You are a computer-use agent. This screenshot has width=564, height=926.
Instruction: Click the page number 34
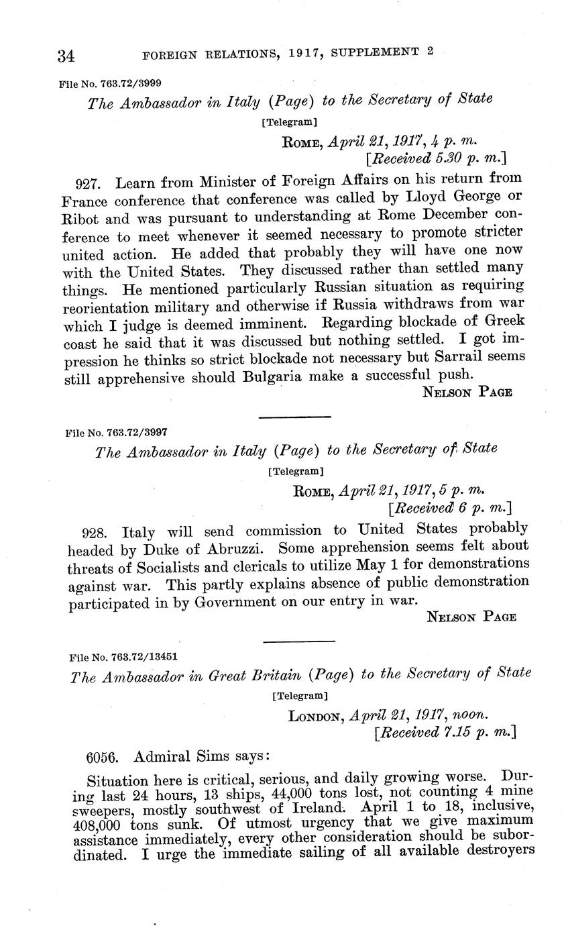coord(66,56)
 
